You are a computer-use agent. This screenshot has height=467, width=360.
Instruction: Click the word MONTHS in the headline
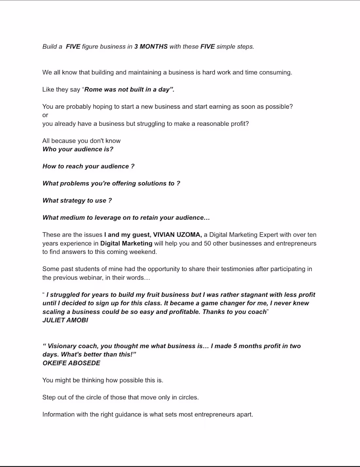(x=153, y=46)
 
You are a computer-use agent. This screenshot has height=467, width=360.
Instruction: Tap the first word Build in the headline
(x=50, y=46)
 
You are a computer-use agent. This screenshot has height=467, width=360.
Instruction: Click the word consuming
(x=275, y=72)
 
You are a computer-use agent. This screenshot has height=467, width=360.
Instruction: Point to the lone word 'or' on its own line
(x=45, y=115)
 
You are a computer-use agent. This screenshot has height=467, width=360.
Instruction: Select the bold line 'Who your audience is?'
(x=78, y=149)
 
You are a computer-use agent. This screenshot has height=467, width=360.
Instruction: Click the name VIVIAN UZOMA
(x=177, y=235)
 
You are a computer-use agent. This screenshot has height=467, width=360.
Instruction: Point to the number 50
(x=207, y=243)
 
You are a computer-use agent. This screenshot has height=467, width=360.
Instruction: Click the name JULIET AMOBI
(x=65, y=320)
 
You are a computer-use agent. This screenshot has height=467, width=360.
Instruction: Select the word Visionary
(x=63, y=346)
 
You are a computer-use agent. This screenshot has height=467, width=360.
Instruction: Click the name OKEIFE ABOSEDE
(x=71, y=363)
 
